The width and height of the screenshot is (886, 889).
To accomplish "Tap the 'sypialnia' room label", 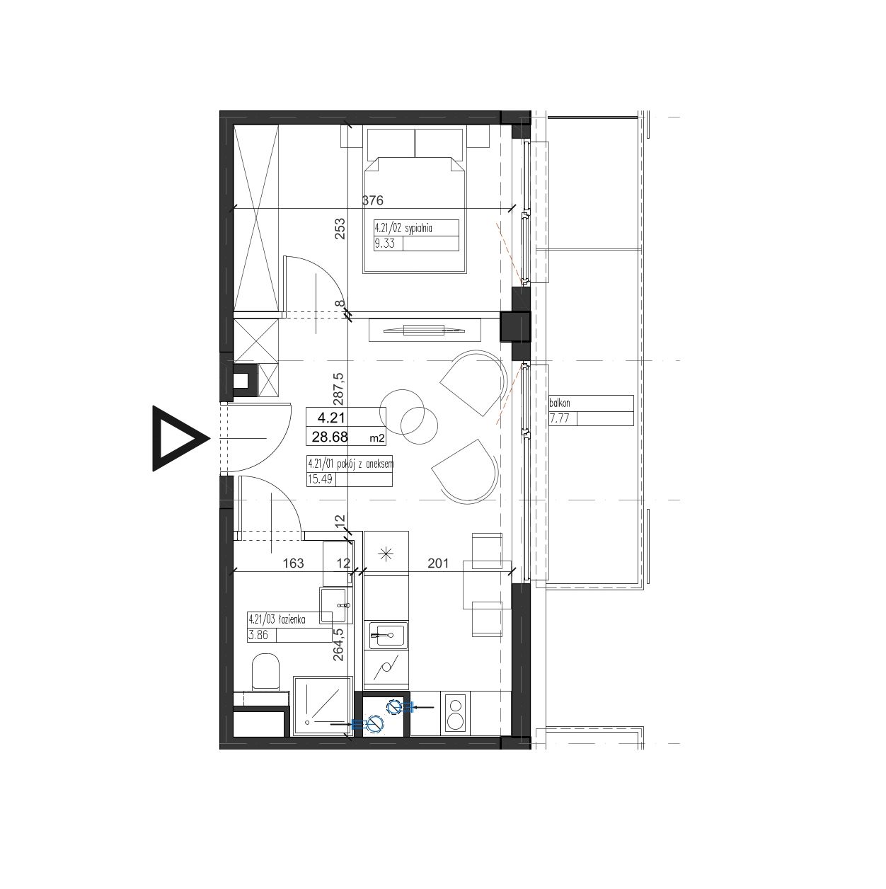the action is pyautogui.click(x=418, y=227).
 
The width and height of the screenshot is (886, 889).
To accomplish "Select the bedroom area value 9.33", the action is pyautogui.click(x=385, y=243).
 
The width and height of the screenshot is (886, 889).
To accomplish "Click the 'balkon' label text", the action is pyautogui.click(x=560, y=403).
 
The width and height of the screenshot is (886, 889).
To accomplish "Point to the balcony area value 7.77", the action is pyautogui.click(x=559, y=419).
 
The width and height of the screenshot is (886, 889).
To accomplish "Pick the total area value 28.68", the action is pyautogui.click(x=330, y=437).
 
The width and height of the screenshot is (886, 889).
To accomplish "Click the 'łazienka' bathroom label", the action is pyautogui.click(x=291, y=619).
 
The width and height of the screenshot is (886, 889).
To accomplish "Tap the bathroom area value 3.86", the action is pyautogui.click(x=258, y=636).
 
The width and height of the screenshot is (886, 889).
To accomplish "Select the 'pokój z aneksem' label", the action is pyautogui.click(x=365, y=464).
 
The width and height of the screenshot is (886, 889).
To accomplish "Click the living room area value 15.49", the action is pyautogui.click(x=320, y=479).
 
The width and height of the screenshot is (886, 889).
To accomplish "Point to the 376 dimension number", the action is pyautogui.click(x=373, y=200).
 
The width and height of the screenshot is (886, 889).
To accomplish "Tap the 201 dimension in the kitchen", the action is pyautogui.click(x=438, y=563).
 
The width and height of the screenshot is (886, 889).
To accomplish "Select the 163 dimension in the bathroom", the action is pyautogui.click(x=294, y=563).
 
